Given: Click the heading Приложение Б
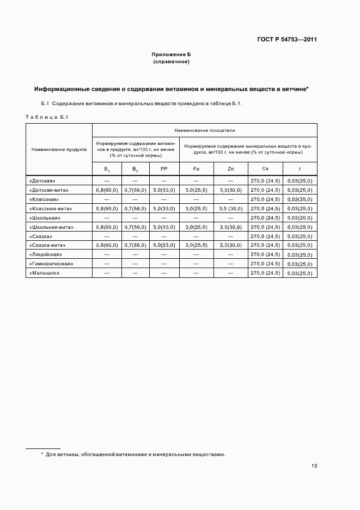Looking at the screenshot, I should (x=171, y=55).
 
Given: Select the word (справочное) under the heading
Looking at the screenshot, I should (x=171, y=62).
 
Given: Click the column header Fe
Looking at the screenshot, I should (x=196, y=169).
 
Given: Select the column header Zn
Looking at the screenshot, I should (x=230, y=169).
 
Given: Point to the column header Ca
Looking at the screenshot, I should (x=265, y=169).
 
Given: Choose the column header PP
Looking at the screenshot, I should (x=164, y=169).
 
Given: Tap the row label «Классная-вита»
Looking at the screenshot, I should (x=50, y=208).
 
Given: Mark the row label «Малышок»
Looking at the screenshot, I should (x=43, y=273).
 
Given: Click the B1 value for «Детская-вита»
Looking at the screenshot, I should (x=107, y=190).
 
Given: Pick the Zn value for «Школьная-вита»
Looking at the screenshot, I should (x=230, y=227).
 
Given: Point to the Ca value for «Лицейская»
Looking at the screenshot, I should (x=265, y=254).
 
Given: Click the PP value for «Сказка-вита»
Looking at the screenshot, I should (x=164, y=245).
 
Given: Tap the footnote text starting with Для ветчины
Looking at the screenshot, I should (x=135, y=454).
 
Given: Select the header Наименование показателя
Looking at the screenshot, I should (x=205, y=131).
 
